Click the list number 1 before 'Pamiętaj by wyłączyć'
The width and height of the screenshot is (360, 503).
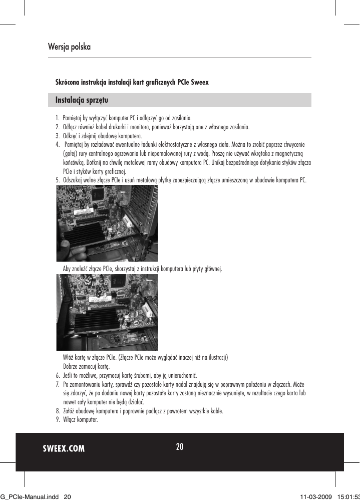click(57, 118)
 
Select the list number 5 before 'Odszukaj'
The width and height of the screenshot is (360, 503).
click(57, 180)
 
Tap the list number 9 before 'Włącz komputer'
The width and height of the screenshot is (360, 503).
click(57, 419)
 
